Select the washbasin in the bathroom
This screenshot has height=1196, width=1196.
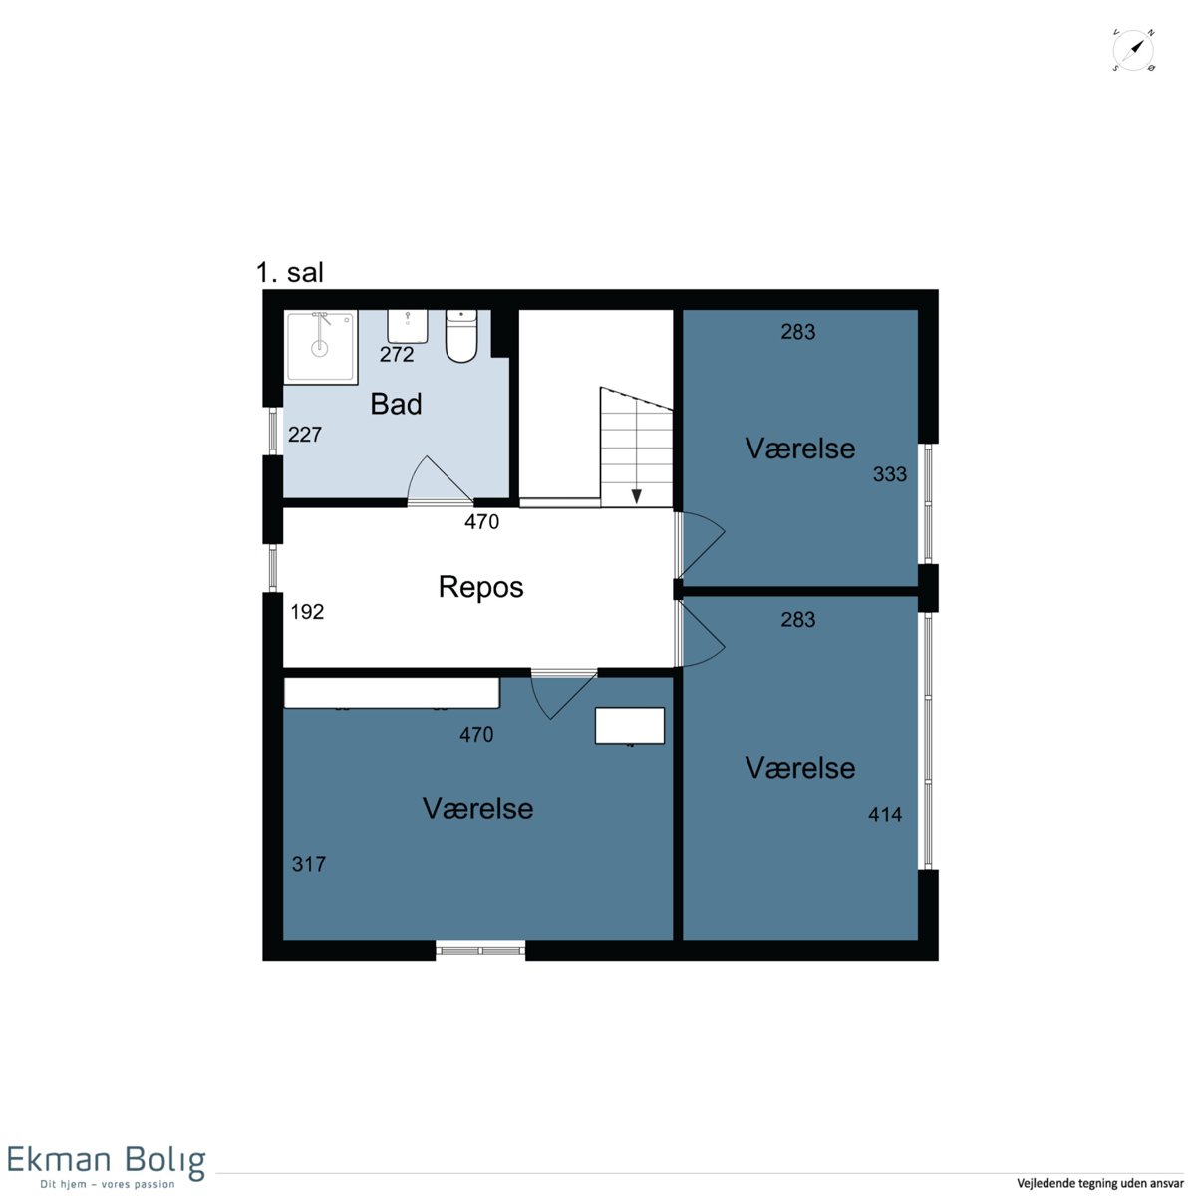click(x=408, y=326)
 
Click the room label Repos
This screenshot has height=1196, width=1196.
click(x=480, y=586)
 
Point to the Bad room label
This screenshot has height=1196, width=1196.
click(x=396, y=404)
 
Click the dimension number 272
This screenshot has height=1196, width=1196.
click(x=397, y=354)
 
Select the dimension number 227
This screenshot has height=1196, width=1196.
click(x=305, y=434)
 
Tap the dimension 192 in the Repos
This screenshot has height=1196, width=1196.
click(x=307, y=611)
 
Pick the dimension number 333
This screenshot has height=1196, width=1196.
click(x=889, y=474)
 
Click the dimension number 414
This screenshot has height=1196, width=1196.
click(x=885, y=814)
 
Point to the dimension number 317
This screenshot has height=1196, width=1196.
click(x=308, y=864)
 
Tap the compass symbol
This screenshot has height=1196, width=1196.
click(x=1133, y=50)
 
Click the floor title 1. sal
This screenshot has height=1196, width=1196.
click(x=290, y=272)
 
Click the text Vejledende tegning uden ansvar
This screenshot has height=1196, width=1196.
click(x=1099, y=1184)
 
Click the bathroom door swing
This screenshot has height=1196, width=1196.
click(x=440, y=478)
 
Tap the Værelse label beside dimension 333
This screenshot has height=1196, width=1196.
click(x=800, y=448)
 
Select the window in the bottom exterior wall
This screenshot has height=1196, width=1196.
click(x=480, y=950)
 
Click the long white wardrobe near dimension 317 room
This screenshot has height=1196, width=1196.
click(x=392, y=692)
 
